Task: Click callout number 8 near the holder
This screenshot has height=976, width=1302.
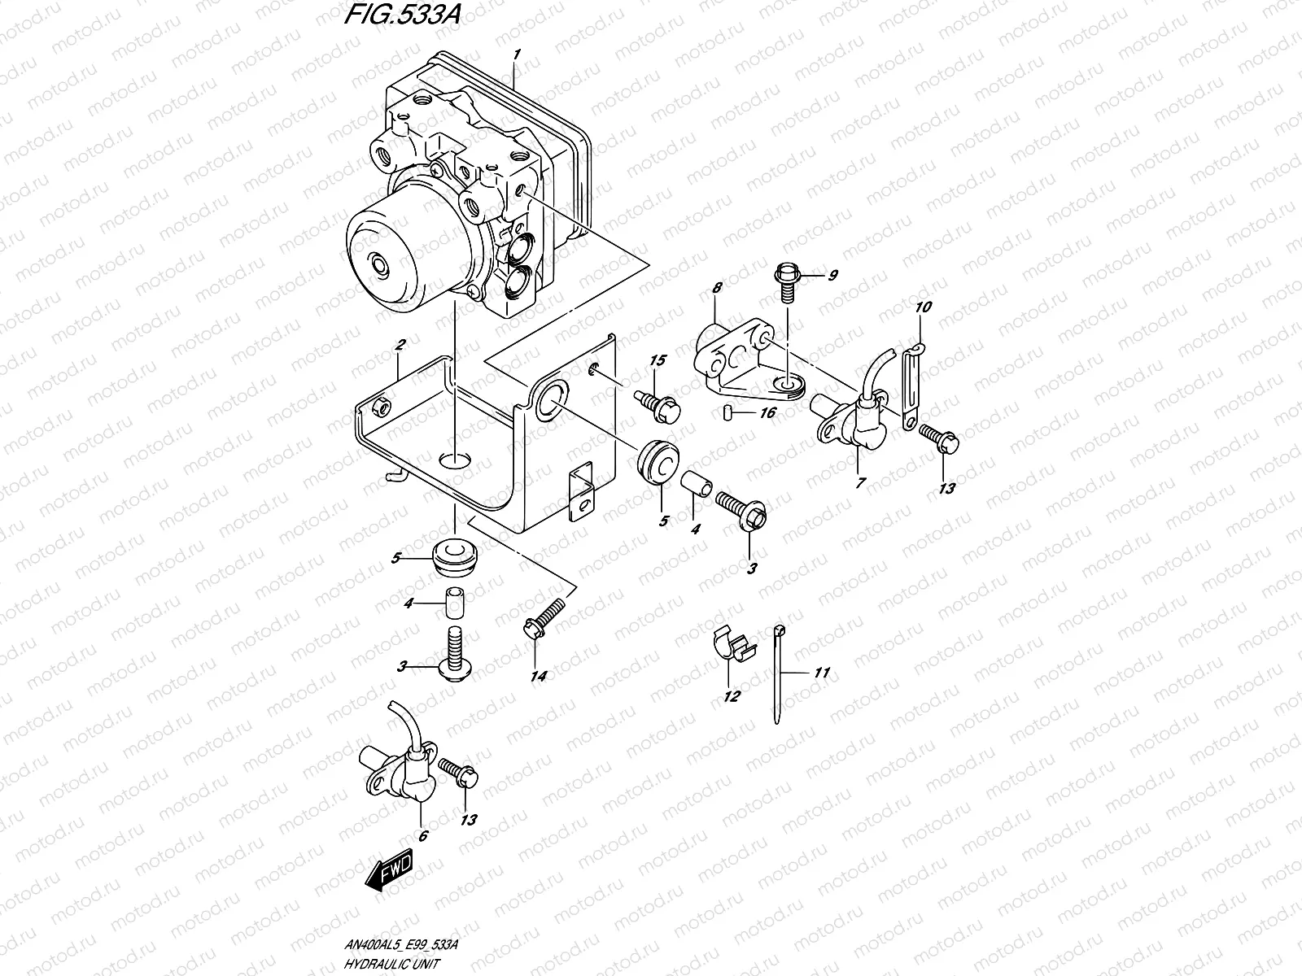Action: point(717,288)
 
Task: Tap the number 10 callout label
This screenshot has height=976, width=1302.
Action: point(924,308)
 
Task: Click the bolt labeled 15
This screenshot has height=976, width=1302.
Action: point(655,403)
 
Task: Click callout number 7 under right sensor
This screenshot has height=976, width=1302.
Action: point(860,482)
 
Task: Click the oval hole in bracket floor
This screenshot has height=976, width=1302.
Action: point(454,460)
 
